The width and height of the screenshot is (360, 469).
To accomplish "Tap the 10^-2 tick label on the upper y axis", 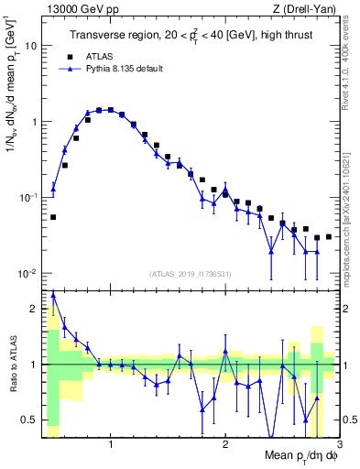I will (x=29, y=274).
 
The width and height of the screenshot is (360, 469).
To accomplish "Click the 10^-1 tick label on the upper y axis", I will (x=29, y=198).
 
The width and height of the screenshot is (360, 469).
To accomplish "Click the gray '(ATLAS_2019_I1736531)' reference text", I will (x=191, y=273).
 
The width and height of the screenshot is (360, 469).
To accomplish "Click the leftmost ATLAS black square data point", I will (x=53, y=217).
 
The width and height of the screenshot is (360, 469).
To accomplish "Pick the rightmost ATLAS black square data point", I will (x=329, y=236).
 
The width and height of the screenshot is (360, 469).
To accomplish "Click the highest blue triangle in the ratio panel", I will (x=53, y=295).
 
